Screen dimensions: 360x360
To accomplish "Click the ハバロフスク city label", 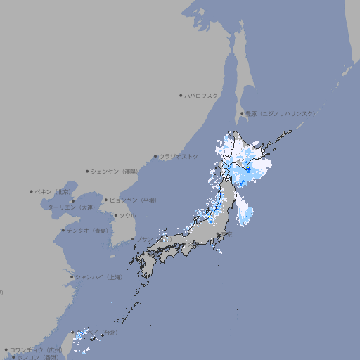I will tap(202, 95).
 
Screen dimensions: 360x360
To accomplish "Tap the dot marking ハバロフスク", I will tap(181, 95).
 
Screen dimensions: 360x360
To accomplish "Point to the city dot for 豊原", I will tap(242, 113).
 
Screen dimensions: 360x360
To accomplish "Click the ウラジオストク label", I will tap(179, 156).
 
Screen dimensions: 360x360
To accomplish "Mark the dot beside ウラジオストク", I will tap(155, 156).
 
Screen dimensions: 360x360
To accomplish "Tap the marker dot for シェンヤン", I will tap(88, 171).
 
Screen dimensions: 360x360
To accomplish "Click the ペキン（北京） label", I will tap(53, 191).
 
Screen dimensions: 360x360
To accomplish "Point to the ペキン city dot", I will tap(32, 191).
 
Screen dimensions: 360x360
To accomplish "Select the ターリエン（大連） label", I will tap(71, 207).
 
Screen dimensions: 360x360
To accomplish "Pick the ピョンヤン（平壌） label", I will tap(133, 200).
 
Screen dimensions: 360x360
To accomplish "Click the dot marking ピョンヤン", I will tap(106, 200).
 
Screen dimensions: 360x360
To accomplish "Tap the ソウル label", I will tap(127, 215).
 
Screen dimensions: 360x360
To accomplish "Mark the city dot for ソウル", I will tap(115, 215).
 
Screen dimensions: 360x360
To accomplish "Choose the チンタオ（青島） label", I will tap(87, 230).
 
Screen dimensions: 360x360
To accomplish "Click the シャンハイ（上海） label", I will tap(98, 277).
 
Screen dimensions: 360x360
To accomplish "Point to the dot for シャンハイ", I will tap(71, 277).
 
